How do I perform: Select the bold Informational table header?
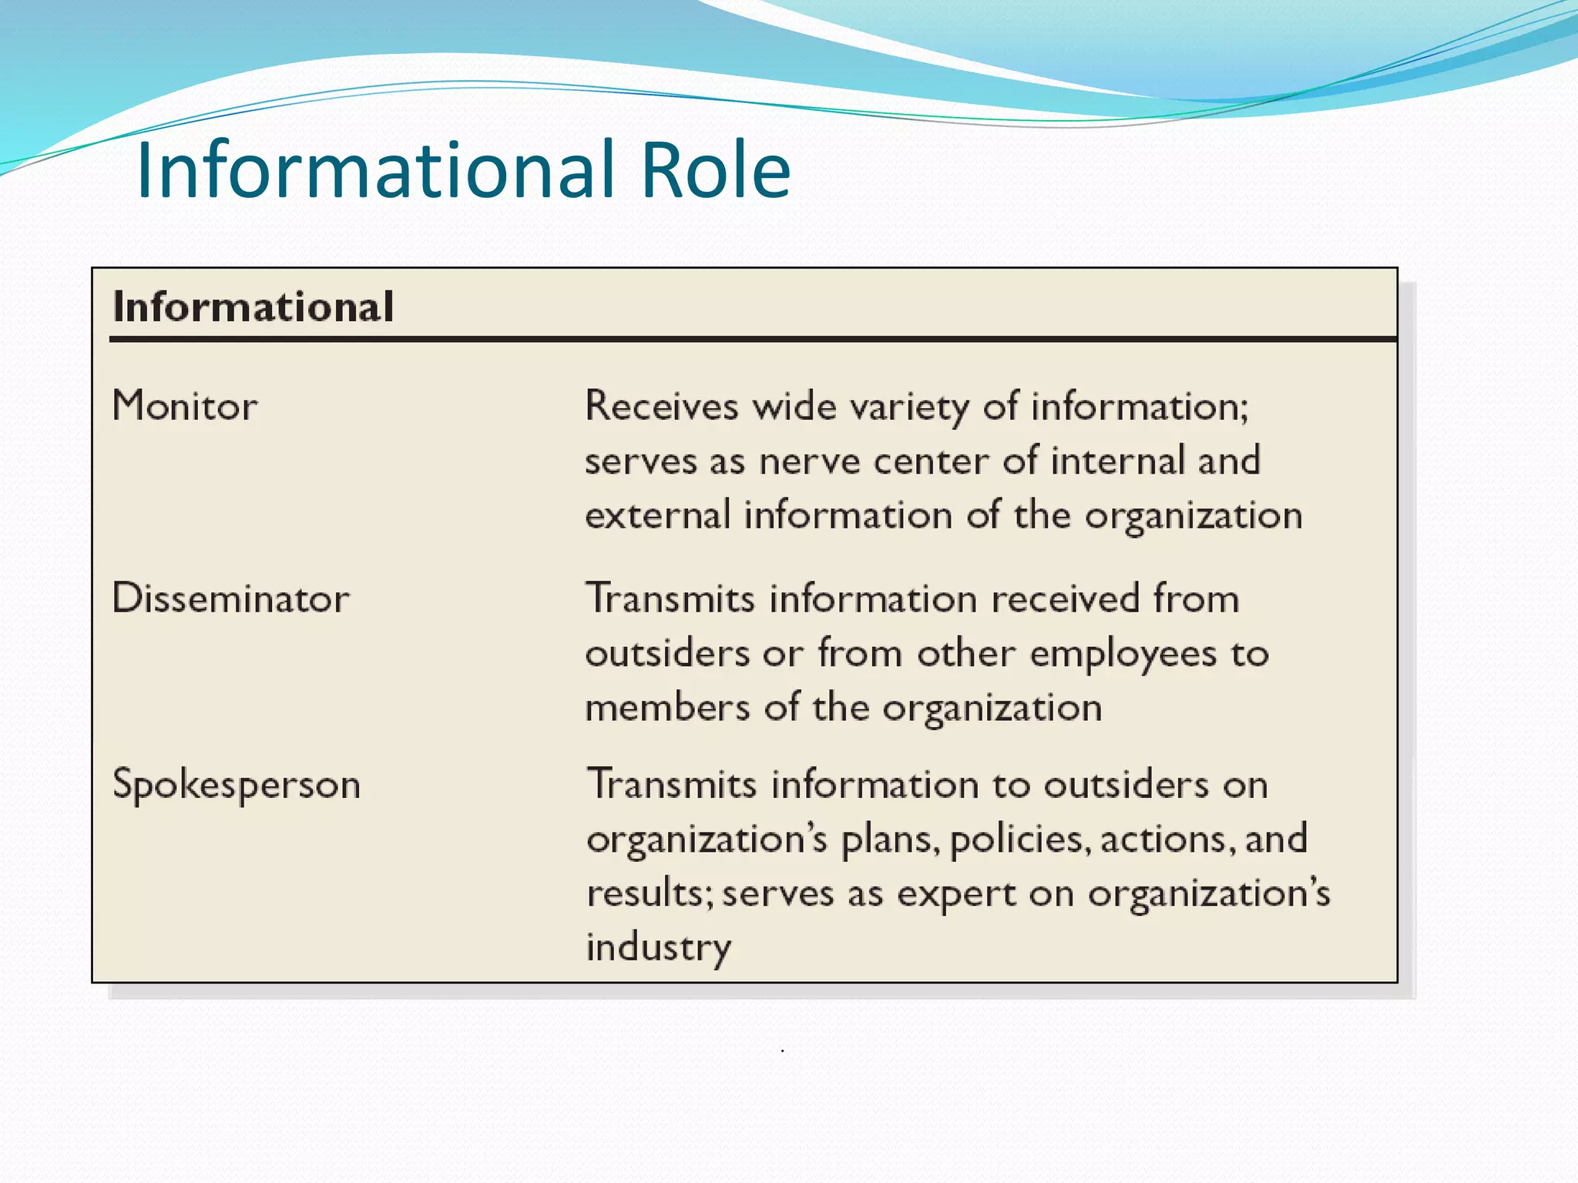(253, 307)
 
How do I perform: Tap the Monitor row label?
(185, 406)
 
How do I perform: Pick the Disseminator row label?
(231, 598)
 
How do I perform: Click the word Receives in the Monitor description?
(662, 406)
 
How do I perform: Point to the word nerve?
(809, 461)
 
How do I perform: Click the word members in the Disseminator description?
(667, 708)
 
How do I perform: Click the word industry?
(659, 948)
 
